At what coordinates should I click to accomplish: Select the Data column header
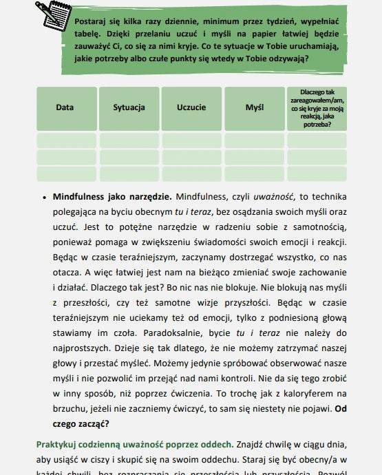tap(65, 108)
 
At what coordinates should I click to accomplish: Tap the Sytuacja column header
tap(129, 108)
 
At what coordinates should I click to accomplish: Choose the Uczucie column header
tap(191, 108)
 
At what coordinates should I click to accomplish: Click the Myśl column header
tap(254, 108)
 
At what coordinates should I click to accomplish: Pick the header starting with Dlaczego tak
tap(317, 108)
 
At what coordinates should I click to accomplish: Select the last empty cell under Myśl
tap(254, 173)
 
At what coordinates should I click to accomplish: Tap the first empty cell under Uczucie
tap(191, 141)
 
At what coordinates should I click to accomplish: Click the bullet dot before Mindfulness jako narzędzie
tap(45, 197)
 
